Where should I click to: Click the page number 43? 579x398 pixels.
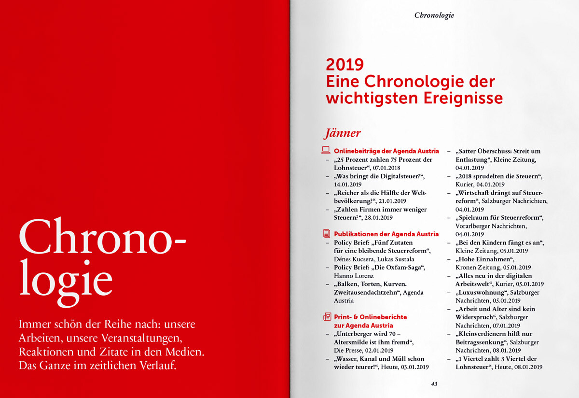434,384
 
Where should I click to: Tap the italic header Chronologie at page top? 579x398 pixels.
434,15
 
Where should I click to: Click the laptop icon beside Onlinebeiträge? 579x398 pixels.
326,151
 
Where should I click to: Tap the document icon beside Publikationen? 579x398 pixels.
326,233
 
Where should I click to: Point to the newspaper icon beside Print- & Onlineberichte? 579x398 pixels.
327,317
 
